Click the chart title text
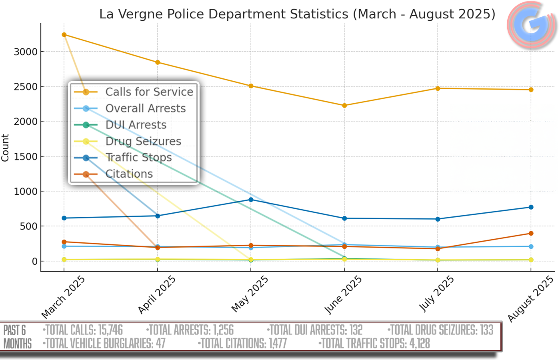pos(297,14)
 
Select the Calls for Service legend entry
pos(149,92)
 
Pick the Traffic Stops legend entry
pos(138,158)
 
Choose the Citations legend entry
pos(129,174)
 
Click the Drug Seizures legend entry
pos(143,141)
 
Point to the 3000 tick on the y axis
pos(26,52)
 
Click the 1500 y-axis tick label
pos(26,157)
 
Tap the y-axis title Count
pos(5,148)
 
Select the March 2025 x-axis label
pos(63,297)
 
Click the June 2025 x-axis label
pos(343,295)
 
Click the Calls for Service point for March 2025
pos(64,35)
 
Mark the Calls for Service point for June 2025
pos(344,106)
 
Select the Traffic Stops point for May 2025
pos(251,200)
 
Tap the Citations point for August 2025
pos(531,234)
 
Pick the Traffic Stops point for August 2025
pos(531,207)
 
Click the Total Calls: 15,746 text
pos(83,330)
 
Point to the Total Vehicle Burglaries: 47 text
pos(104,344)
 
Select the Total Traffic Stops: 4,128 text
pos(375,344)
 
